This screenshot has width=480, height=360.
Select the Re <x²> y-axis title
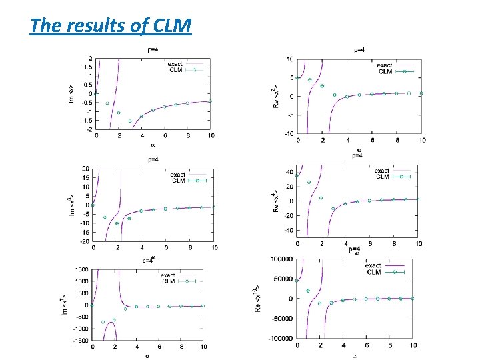273,97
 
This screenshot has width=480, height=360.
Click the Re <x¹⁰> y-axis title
258,299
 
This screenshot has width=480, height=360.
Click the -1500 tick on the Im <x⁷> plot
79,341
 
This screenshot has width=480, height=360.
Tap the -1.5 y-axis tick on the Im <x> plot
87,121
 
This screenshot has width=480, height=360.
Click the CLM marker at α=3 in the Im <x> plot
130,121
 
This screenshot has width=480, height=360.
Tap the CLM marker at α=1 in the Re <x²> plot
310,80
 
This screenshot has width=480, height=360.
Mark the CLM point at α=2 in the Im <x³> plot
117,223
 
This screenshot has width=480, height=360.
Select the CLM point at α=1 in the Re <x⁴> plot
309,182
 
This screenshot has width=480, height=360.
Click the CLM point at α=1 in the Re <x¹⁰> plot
308,291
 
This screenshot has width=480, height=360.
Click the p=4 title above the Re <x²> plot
359,49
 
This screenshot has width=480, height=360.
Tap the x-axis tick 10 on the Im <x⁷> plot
203,347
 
